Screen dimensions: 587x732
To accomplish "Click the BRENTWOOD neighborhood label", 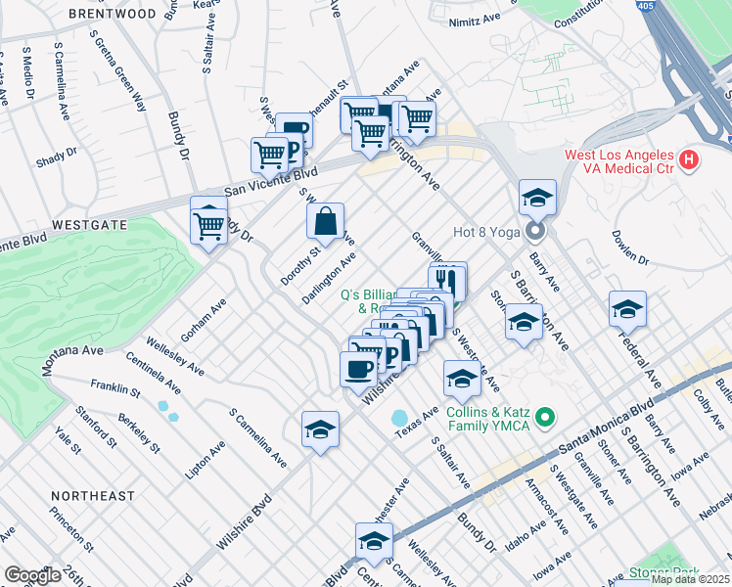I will [x=114, y=15].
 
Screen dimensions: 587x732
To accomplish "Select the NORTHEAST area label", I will [x=93, y=496].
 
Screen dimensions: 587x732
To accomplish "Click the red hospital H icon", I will [x=690, y=158].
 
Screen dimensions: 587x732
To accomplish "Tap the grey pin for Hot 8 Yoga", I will [x=535, y=232].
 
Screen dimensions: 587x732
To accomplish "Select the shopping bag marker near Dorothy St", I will [x=325, y=221].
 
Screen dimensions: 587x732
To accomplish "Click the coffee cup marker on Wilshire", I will [x=358, y=370].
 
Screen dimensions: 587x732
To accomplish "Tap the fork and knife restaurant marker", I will [x=447, y=279].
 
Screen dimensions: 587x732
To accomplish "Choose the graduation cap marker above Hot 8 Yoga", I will [x=537, y=198].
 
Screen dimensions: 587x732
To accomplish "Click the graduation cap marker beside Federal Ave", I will [x=627, y=309].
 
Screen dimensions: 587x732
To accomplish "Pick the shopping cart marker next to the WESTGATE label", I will [x=209, y=224].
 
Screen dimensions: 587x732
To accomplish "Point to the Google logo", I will [x=32, y=575].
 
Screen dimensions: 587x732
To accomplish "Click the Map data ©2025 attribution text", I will [x=689, y=579].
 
